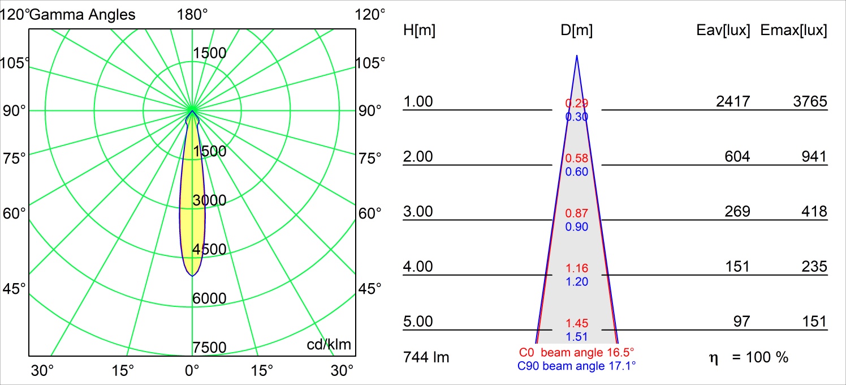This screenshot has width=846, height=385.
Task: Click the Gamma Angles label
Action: (x=83, y=15)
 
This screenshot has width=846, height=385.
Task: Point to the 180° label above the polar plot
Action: (x=192, y=15)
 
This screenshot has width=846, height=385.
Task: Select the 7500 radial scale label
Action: (x=209, y=347)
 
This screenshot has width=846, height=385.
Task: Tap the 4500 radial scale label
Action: (x=209, y=249)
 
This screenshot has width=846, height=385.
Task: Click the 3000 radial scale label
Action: (x=209, y=200)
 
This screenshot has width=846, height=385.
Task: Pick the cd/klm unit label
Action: (x=329, y=344)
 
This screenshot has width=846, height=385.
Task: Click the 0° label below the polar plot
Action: (x=192, y=371)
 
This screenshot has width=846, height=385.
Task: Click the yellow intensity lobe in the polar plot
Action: (x=192, y=215)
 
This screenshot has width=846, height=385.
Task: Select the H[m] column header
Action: (x=419, y=31)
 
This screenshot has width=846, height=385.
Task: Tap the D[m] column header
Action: (x=576, y=31)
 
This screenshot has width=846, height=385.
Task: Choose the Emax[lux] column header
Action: (x=794, y=31)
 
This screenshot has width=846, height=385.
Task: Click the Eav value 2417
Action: (x=733, y=102)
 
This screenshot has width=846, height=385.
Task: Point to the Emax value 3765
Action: (x=810, y=102)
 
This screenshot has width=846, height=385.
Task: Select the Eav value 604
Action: (x=737, y=157)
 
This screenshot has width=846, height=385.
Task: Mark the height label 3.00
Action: (x=417, y=212)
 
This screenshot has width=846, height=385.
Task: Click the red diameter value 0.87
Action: (x=577, y=213)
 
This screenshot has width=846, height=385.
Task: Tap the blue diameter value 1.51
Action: (x=577, y=337)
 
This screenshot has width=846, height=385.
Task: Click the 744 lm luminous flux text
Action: (x=426, y=357)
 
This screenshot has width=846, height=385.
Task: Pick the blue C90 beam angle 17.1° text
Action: (x=577, y=366)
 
